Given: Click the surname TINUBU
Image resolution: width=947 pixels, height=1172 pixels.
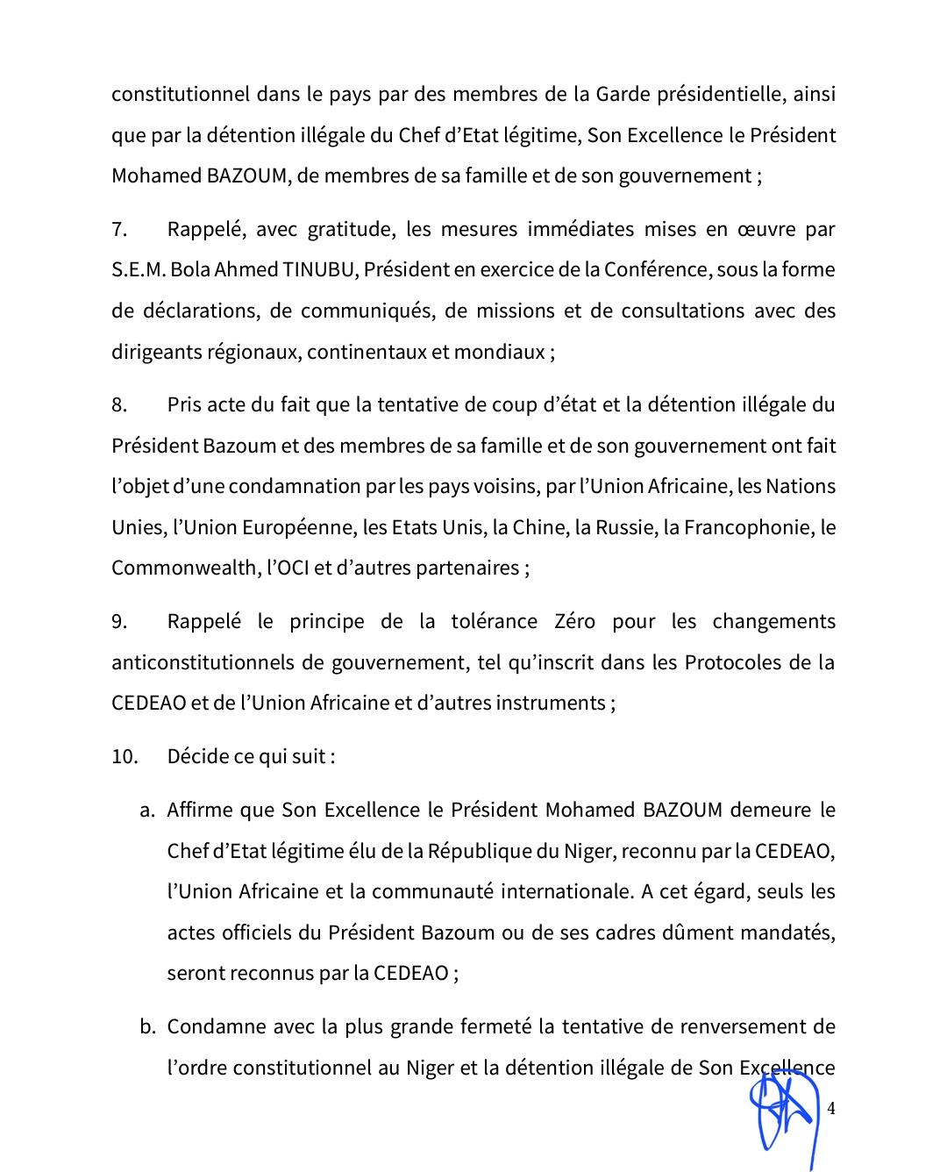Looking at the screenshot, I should (319, 269).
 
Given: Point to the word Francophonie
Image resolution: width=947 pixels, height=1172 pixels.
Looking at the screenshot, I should (747, 527).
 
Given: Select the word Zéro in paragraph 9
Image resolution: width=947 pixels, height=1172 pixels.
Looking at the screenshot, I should (574, 621).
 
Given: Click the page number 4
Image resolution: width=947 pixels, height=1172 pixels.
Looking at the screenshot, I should (830, 1108).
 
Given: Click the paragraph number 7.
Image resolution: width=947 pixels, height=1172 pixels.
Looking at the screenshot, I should (119, 230).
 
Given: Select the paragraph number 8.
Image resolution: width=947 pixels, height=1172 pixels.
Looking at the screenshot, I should (119, 405).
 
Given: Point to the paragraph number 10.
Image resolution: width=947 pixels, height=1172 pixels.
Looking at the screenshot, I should (125, 756).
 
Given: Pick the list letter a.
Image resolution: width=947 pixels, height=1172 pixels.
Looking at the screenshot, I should (147, 811).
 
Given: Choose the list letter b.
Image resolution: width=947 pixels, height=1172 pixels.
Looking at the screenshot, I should (147, 1027).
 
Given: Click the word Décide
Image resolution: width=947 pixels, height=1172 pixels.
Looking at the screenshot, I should (198, 756).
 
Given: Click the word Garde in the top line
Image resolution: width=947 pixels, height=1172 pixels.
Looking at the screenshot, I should (621, 94).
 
